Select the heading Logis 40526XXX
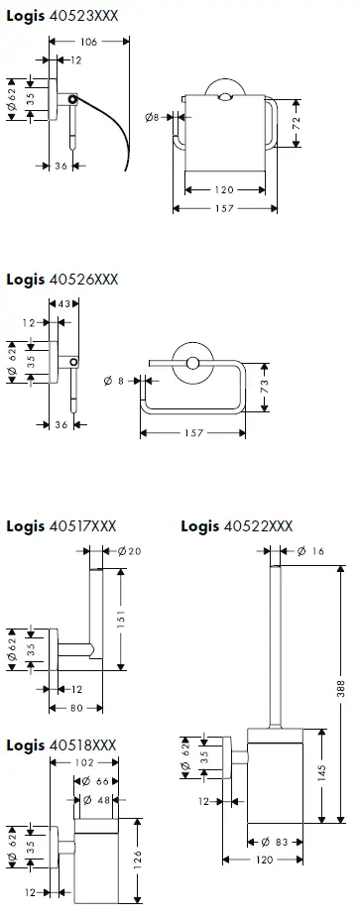(x=61, y=280)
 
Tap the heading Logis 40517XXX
(x=61, y=524)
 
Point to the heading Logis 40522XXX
(x=237, y=524)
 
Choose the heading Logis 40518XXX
(x=61, y=744)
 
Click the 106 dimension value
(x=90, y=41)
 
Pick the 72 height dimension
(x=295, y=123)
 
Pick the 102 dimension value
(x=84, y=762)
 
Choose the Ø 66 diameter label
(x=97, y=782)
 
